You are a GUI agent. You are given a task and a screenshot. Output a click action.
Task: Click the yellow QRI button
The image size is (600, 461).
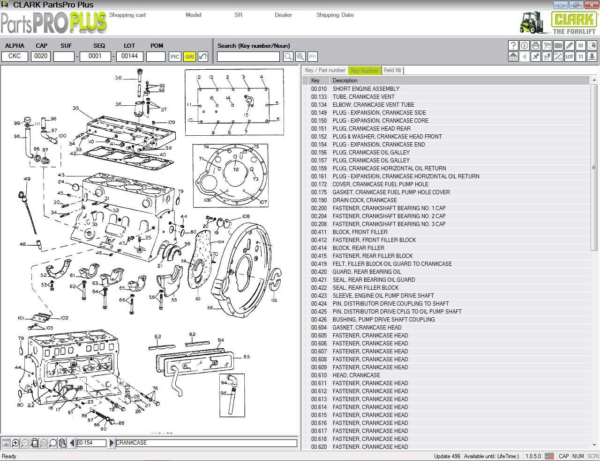coord(189,57)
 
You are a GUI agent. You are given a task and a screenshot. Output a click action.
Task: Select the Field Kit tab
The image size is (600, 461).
coord(392,70)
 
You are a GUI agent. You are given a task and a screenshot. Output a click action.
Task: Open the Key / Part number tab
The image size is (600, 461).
coord(325,70)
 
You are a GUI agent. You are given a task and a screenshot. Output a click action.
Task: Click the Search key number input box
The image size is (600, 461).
coord(248,57)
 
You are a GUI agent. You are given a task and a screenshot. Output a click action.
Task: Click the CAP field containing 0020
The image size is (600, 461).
coord(41,56)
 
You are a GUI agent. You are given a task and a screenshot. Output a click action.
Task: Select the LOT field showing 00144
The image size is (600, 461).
coord(129,56)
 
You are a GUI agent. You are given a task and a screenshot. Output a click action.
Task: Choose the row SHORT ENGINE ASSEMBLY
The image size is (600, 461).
coord(366,89)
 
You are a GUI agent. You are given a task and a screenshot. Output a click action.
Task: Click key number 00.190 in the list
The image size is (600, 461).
coord(319,200)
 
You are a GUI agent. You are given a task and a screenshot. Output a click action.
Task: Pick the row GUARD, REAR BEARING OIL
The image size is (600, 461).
coord(367,272)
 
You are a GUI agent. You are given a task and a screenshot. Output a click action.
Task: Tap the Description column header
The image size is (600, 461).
coord(345,80)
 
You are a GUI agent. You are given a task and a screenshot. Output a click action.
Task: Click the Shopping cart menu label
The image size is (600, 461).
coord(127,15)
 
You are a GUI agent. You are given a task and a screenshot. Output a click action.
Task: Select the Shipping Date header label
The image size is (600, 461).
coord(335,15)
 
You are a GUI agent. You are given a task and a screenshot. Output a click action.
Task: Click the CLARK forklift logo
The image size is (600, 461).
coord(558,22)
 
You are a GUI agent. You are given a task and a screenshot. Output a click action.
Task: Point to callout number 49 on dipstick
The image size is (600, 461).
coord(27,179)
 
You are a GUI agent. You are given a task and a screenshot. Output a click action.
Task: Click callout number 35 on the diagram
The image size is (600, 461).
coord(76,108)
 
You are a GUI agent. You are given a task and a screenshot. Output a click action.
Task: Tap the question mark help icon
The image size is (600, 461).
coord(513,45)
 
